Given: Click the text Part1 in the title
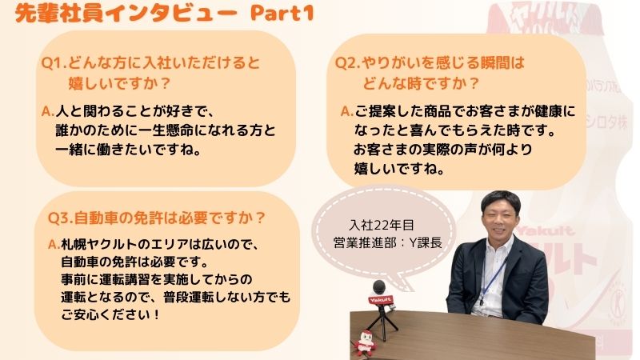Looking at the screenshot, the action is pyautogui.click(x=282, y=13).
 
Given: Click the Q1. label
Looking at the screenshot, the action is pyautogui.click(x=54, y=63).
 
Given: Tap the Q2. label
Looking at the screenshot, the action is pyautogui.click(x=347, y=63).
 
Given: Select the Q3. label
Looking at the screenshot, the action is pyautogui.click(x=60, y=218).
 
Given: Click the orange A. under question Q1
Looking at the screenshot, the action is pyautogui.click(x=48, y=111).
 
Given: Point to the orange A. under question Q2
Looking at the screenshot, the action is pyautogui.click(x=347, y=111).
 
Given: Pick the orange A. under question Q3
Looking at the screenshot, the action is pyautogui.click(x=54, y=245).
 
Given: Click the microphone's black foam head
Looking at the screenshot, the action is pyautogui.click(x=378, y=287).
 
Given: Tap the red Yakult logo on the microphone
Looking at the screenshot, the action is pyautogui.click(x=381, y=300).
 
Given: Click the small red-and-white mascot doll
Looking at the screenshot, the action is pyautogui.click(x=366, y=342).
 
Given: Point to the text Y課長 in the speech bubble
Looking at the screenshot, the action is pyautogui.click(x=426, y=243).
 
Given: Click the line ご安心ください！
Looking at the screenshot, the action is pyautogui.click(x=110, y=314).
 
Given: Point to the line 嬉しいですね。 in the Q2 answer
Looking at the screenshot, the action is pyautogui.click(x=399, y=169).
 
